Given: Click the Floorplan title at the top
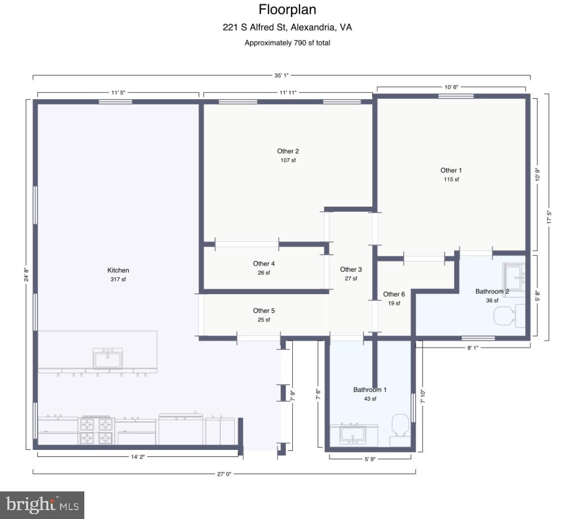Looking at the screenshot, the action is tap(287, 10).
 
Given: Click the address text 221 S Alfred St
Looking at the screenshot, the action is tap(255, 28).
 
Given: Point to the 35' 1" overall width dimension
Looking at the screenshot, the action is tap(281, 75).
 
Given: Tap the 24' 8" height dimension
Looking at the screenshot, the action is tap(26, 274).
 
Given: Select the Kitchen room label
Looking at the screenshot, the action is tap(118, 270).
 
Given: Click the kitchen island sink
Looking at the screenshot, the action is tap(107, 358).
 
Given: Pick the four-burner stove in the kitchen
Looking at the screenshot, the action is tap(96, 431).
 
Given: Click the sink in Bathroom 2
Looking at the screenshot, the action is tap(514, 277).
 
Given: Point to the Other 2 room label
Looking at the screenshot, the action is tap(288, 151).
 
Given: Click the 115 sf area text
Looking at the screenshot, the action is tap(451, 180).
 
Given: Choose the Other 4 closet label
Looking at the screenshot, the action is tap(264, 263).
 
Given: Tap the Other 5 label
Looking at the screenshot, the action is tap(264, 311).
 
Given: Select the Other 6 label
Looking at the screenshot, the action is tap(394, 295).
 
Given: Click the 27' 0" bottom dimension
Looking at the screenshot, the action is tap(224, 474).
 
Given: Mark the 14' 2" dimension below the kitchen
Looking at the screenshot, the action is tap(138, 457).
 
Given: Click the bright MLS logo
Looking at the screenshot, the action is tap(42, 505).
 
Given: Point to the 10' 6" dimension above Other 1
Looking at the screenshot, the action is tap(451, 87).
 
